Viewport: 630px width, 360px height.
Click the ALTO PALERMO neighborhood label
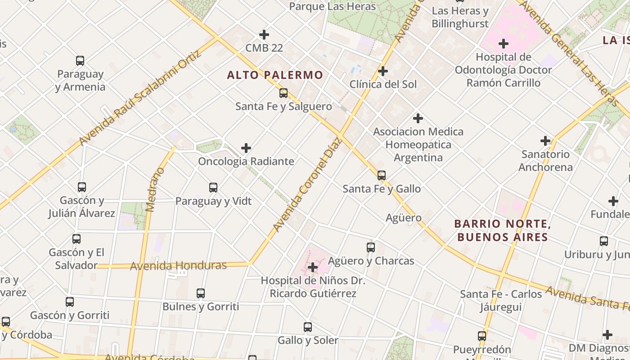click(x=275, y=75)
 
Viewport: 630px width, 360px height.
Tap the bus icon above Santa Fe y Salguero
click(x=283, y=93)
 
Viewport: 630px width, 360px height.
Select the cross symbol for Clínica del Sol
click(x=383, y=71)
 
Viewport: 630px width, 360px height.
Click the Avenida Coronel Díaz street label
click(x=308, y=184)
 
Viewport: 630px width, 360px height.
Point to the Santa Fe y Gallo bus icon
click(x=382, y=175)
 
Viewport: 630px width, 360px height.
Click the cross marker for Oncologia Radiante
click(x=246, y=148)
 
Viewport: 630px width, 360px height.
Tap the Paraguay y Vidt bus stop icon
click(x=213, y=188)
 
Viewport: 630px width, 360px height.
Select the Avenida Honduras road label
click(x=178, y=265)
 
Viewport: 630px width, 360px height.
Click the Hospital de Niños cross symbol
click(x=313, y=267)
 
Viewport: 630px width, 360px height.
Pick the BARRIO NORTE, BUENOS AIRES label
click(x=502, y=230)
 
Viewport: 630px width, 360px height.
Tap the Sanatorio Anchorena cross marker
click(x=545, y=141)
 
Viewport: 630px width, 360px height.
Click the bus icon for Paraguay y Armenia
click(x=80, y=61)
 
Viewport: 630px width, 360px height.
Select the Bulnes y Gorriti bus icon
click(x=201, y=293)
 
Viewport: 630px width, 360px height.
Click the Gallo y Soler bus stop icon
click(x=308, y=327)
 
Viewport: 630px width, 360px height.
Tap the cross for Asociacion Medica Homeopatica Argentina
click(x=418, y=118)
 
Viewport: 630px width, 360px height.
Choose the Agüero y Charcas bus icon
click(x=371, y=247)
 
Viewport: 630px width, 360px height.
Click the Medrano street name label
click(x=155, y=189)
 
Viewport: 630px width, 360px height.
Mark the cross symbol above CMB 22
click(x=264, y=35)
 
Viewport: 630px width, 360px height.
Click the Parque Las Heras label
click(x=332, y=6)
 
